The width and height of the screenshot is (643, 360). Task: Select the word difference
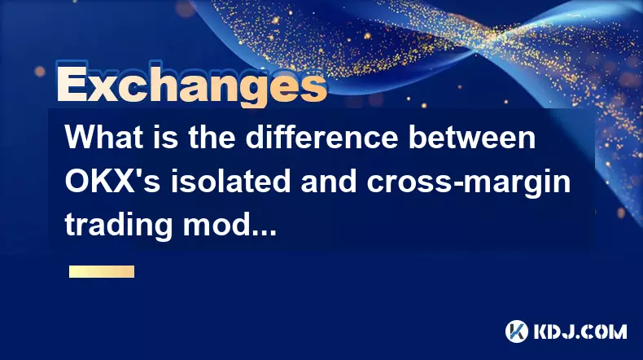[x=321, y=137]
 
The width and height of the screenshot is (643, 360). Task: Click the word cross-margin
[x=469, y=181]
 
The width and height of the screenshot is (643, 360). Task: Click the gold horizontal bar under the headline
[x=102, y=271]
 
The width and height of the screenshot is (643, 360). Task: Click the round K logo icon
[x=516, y=331]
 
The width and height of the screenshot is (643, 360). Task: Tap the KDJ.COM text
[x=580, y=331]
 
